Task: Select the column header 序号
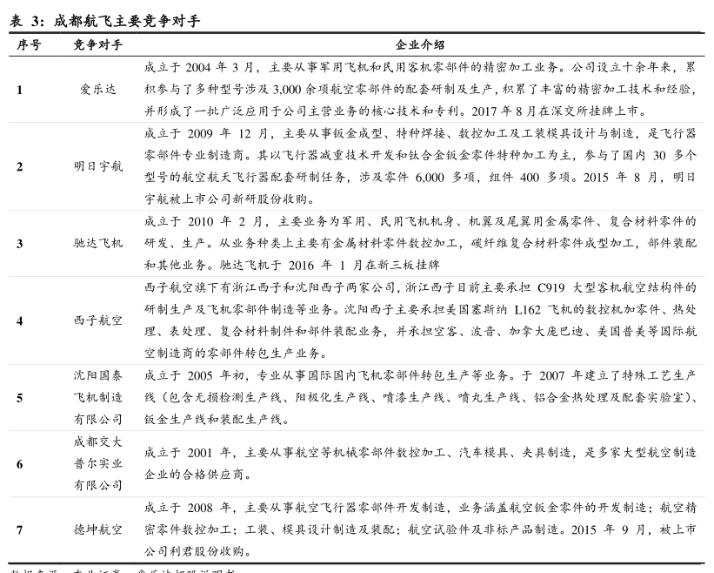(x=29, y=44)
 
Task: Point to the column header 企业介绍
(x=420, y=44)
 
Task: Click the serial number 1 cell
(x=20, y=89)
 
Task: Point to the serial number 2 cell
(x=20, y=166)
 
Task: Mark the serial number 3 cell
(x=20, y=243)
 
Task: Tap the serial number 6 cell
(x=20, y=464)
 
